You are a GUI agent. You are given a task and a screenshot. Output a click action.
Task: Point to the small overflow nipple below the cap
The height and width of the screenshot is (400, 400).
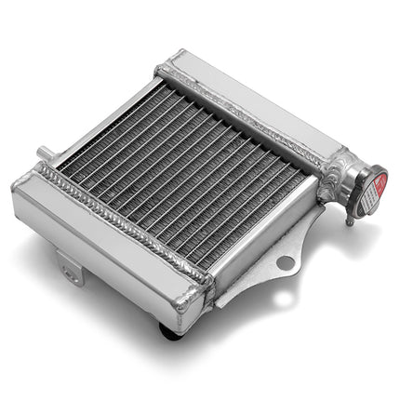(349, 220)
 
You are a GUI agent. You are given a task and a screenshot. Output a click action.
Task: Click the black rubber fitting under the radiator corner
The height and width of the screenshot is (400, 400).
(169, 328)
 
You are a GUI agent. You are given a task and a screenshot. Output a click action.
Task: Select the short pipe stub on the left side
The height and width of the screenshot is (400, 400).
(43, 153)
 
